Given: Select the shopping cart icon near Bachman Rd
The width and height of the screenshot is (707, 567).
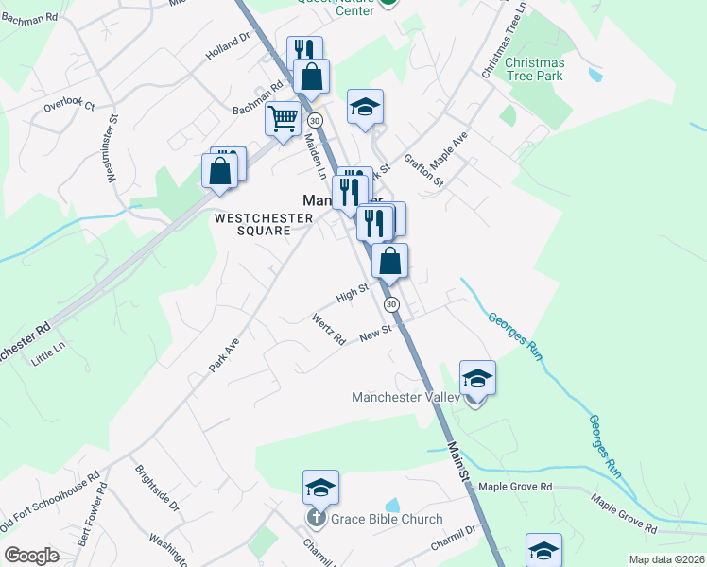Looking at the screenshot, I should click(283, 120).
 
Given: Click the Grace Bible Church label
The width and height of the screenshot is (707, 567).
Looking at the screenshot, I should click(386, 519).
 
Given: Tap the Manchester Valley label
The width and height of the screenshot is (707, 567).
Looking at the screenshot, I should click(405, 398).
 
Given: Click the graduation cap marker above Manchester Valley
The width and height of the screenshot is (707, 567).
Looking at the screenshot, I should click(477, 378).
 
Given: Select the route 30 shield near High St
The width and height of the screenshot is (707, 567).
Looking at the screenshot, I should click(391, 304).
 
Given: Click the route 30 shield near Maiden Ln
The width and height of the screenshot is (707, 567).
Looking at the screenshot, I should click(315, 121).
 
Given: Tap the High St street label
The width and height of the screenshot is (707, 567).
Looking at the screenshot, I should click(352, 296).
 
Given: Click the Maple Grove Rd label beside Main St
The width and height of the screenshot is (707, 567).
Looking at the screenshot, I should click(514, 486).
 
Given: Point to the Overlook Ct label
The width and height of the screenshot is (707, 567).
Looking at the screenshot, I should click(69, 105).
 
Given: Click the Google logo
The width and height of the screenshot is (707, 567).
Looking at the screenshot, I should click(31, 556).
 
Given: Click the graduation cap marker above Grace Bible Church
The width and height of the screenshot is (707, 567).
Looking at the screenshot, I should click(320, 488).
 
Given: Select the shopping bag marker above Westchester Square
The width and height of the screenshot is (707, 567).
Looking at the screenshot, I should click(219, 172).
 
